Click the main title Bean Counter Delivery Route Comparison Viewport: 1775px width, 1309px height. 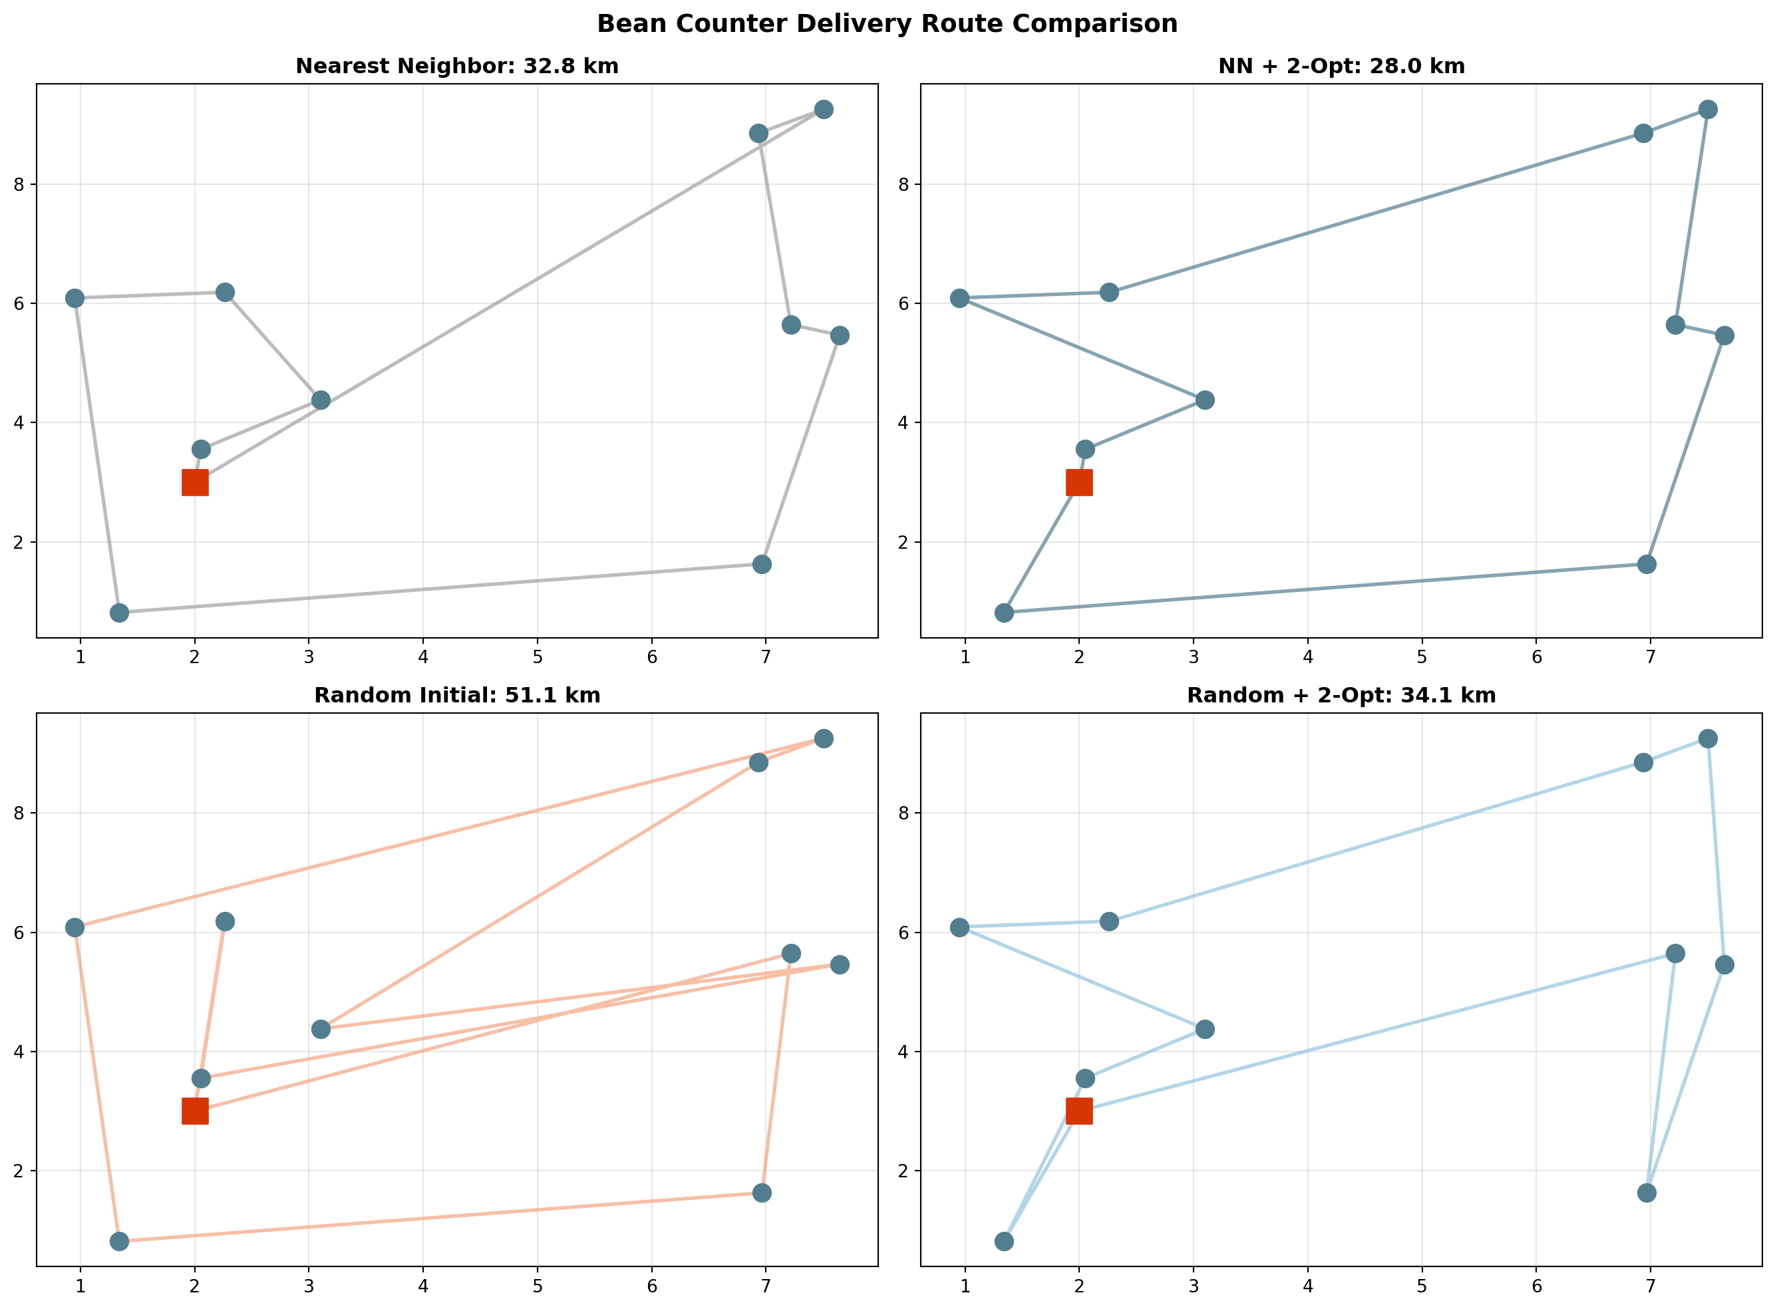click(x=887, y=24)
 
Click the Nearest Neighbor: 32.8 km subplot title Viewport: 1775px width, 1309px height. click(x=457, y=66)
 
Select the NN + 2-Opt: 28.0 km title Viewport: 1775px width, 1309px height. click(x=1341, y=66)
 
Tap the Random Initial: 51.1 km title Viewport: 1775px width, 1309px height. click(x=457, y=695)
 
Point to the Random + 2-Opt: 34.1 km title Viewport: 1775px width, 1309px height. click(x=1341, y=695)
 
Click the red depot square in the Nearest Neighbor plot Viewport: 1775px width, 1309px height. click(x=195, y=482)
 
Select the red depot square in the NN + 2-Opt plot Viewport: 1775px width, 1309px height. click(x=1079, y=482)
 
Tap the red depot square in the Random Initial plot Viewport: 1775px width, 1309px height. click(x=195, y=1111)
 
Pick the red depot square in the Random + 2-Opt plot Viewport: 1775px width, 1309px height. click(x=1079, y=1111)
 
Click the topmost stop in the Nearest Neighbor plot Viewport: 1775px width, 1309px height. click(x=824, y=109)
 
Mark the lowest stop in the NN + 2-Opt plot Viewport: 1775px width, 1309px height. click(x=1004, y=613)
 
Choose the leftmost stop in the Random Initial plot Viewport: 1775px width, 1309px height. click(x=75, y=928)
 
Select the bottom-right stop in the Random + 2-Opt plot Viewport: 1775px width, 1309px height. click(x=1647, y=1193)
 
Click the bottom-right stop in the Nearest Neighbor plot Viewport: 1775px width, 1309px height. click(x=762, y=564)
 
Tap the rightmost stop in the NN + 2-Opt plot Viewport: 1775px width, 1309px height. click(x=1724, y=336)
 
